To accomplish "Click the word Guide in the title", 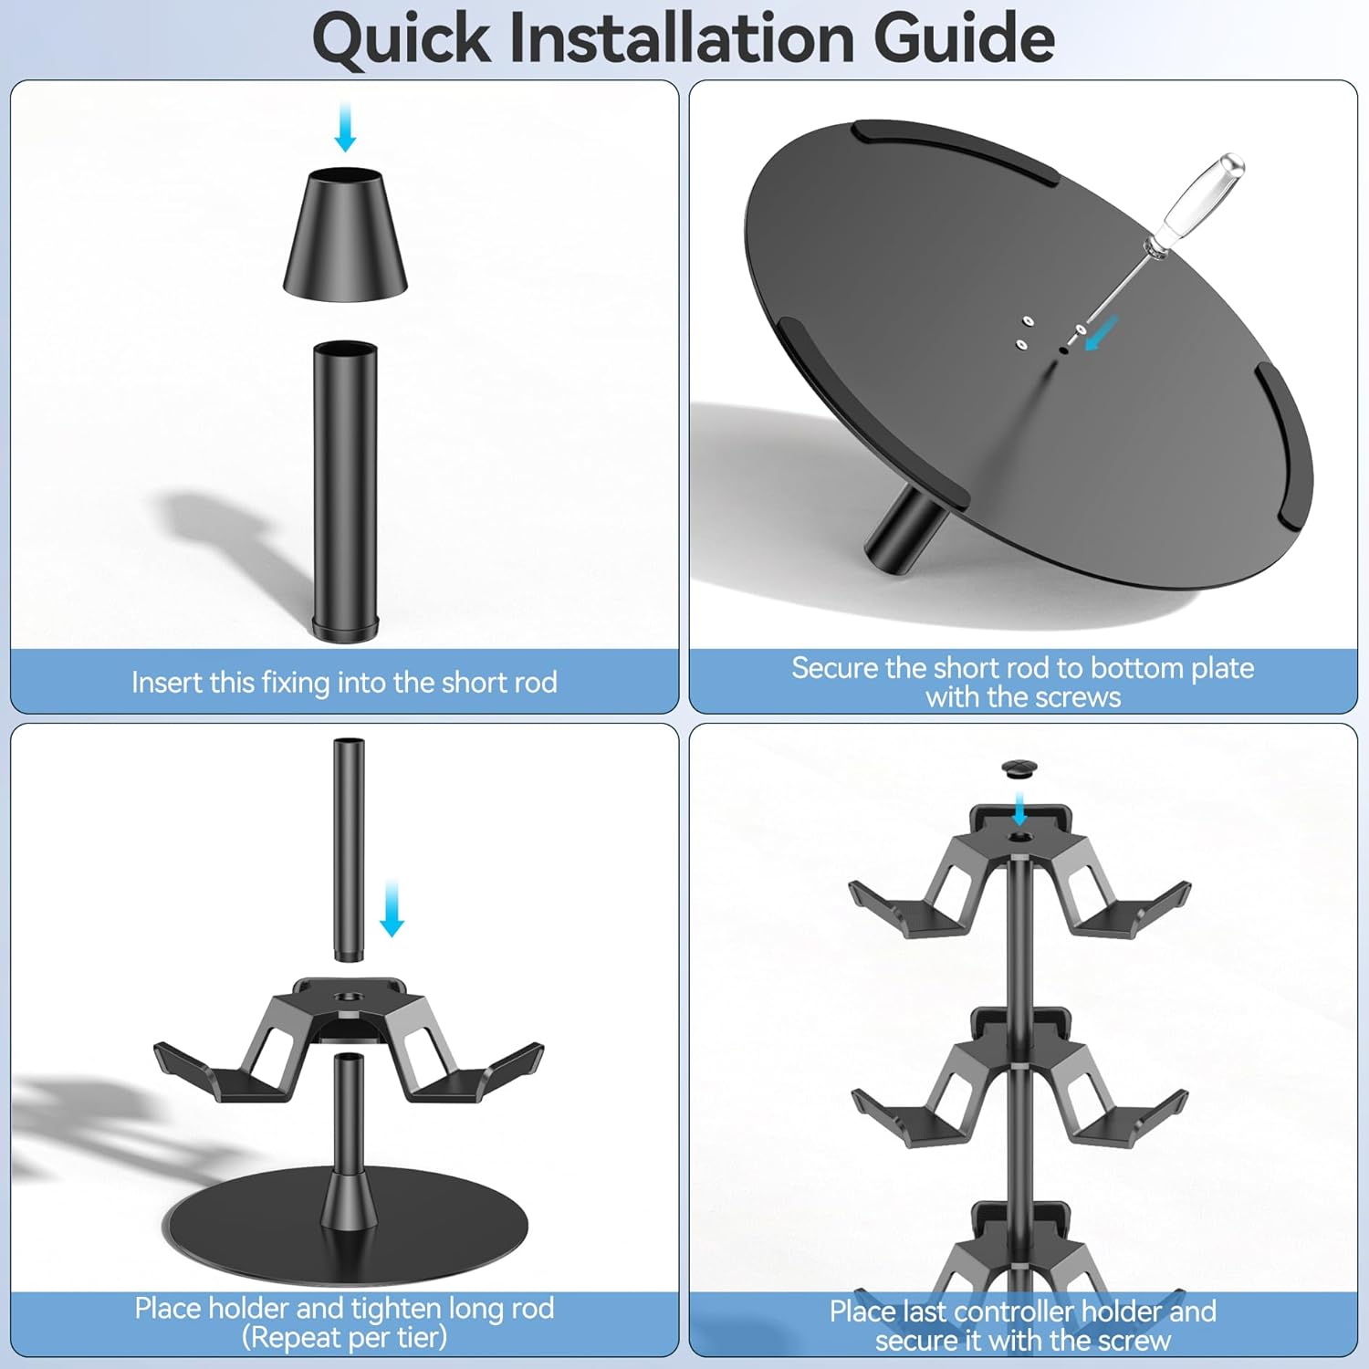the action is coord(964,38).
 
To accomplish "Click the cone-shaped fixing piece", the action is coord(345,233).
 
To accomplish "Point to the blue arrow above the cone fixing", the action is coord(345,126).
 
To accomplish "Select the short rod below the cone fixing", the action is coord(345,491).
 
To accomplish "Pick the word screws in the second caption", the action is coord(1079,697).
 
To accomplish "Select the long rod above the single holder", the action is coord(348,849).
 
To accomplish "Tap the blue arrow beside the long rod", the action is coord(392,909).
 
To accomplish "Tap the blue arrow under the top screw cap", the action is coord(1020,809).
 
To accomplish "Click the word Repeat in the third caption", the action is coord(296,1338).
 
